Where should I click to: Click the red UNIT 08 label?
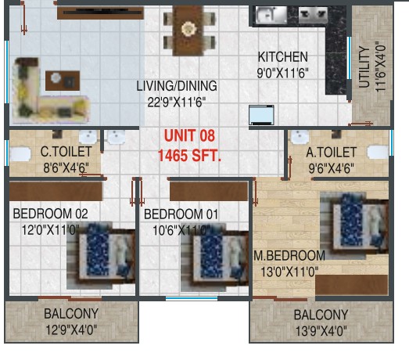click(x=189, y=135)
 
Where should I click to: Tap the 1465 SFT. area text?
click(x=189, y=156)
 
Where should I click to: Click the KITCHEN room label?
click(x=283, y=57)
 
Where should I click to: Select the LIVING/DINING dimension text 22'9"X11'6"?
click(x=177, y=102)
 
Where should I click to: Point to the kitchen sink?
click(x=271, y=15)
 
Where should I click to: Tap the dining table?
click(x=188, y=30)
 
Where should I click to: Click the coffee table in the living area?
click(x=63, y=81)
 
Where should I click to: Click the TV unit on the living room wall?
click(x=100, y=13)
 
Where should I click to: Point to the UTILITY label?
click(x=364, y=67)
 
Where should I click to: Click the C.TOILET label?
click(x=66, y=152)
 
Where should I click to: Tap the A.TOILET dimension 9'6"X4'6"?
click(x=332, y=168)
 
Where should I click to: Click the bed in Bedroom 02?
click(x=101, y=256)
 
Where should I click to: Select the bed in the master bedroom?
click(x=354, y=225)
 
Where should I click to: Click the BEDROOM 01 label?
click(x=181, y=214)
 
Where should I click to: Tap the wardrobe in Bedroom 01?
click(x=209, y=192)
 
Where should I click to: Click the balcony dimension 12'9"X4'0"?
click(x=71, y=329)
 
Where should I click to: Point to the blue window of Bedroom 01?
click(x=192, y=298)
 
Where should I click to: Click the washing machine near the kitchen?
click(x=261, y=115)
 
